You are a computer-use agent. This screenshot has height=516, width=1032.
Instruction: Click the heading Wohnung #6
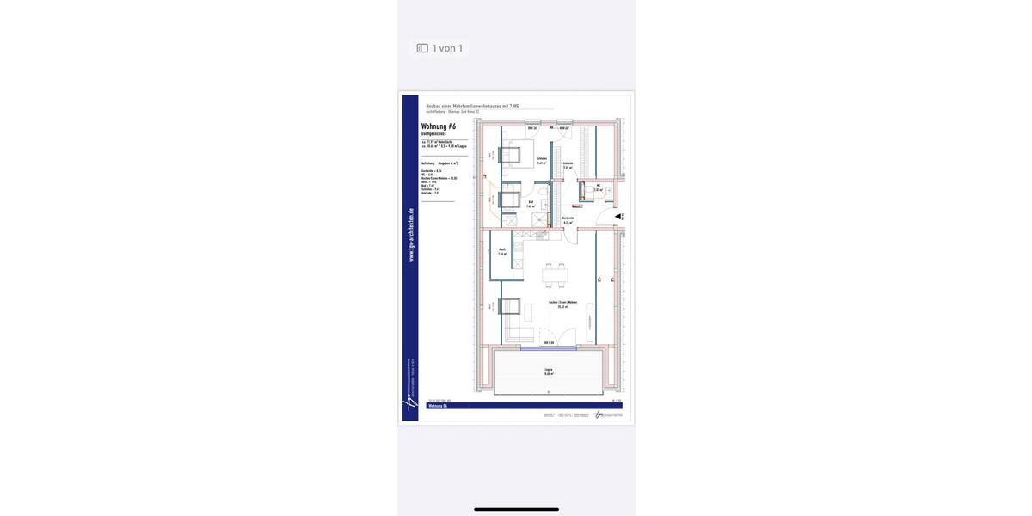click(439, 127)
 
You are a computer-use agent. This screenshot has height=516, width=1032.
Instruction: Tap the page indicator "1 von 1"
click(447, 48)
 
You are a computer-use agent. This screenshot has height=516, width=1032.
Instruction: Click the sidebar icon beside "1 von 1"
click(422, 48)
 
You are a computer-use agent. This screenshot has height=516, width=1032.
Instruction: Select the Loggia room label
click(548, 372)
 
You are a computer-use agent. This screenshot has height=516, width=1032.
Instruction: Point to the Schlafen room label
click(542, 160)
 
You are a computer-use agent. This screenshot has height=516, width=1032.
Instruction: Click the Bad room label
click(531, 204)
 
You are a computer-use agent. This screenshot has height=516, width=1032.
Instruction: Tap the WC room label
click(597, 187)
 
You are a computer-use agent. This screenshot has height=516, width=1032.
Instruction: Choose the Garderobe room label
click(568, 220)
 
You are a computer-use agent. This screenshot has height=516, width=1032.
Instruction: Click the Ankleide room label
click(568, 165)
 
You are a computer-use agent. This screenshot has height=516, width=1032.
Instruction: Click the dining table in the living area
click(555, 276)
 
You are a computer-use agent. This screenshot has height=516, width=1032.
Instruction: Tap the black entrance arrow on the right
click(619, 217)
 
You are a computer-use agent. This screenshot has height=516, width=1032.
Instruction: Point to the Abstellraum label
click(501, 252)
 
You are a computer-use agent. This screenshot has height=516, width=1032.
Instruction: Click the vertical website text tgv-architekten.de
click(411, 235)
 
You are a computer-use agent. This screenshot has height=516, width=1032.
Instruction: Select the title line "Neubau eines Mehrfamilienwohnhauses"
click(472, 106)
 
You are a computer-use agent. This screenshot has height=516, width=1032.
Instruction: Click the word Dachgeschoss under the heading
click(433, 135)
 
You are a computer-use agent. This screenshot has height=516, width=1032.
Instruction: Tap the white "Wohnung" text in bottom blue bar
click(439, 405)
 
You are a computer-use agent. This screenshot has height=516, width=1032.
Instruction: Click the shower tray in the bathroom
click(539, 220)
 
